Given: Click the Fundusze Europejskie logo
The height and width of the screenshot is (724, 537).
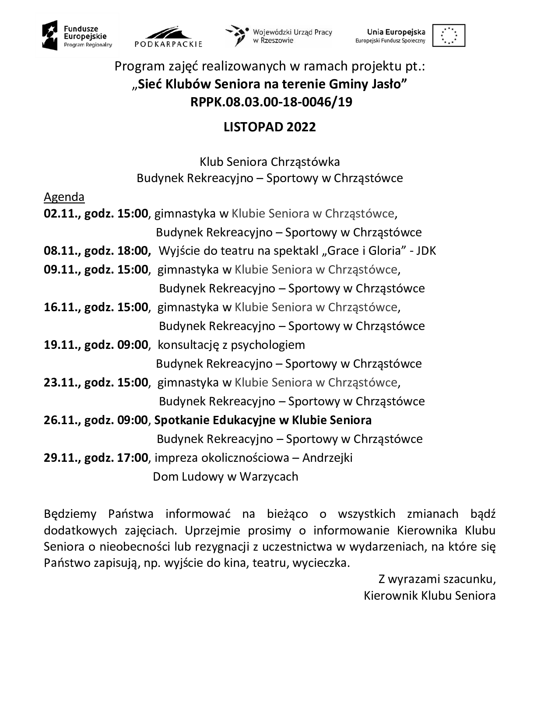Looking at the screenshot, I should (77, 35).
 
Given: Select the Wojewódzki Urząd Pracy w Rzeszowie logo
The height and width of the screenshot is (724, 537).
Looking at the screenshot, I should (279, 36).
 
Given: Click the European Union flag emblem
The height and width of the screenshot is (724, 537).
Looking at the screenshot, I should (449, 35).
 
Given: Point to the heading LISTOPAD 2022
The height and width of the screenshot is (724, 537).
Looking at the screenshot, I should (270, 127).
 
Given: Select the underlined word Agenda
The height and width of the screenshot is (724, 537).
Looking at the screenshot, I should (64, 197).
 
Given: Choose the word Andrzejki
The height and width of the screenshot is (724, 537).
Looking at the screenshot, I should (327, 458).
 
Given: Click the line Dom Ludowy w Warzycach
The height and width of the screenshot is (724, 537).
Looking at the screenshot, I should (225, 477).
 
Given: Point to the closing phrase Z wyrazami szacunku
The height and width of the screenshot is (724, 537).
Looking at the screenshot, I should (436, 579).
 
